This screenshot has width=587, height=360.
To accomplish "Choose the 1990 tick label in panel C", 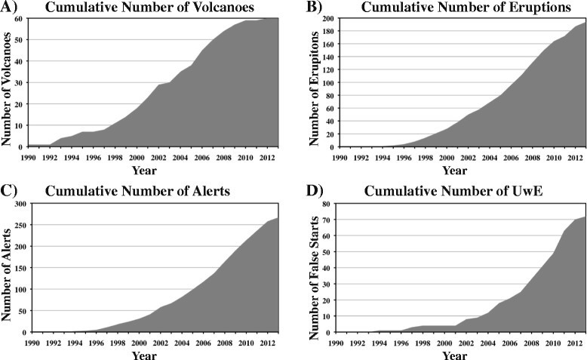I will click(x=32, y=343).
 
